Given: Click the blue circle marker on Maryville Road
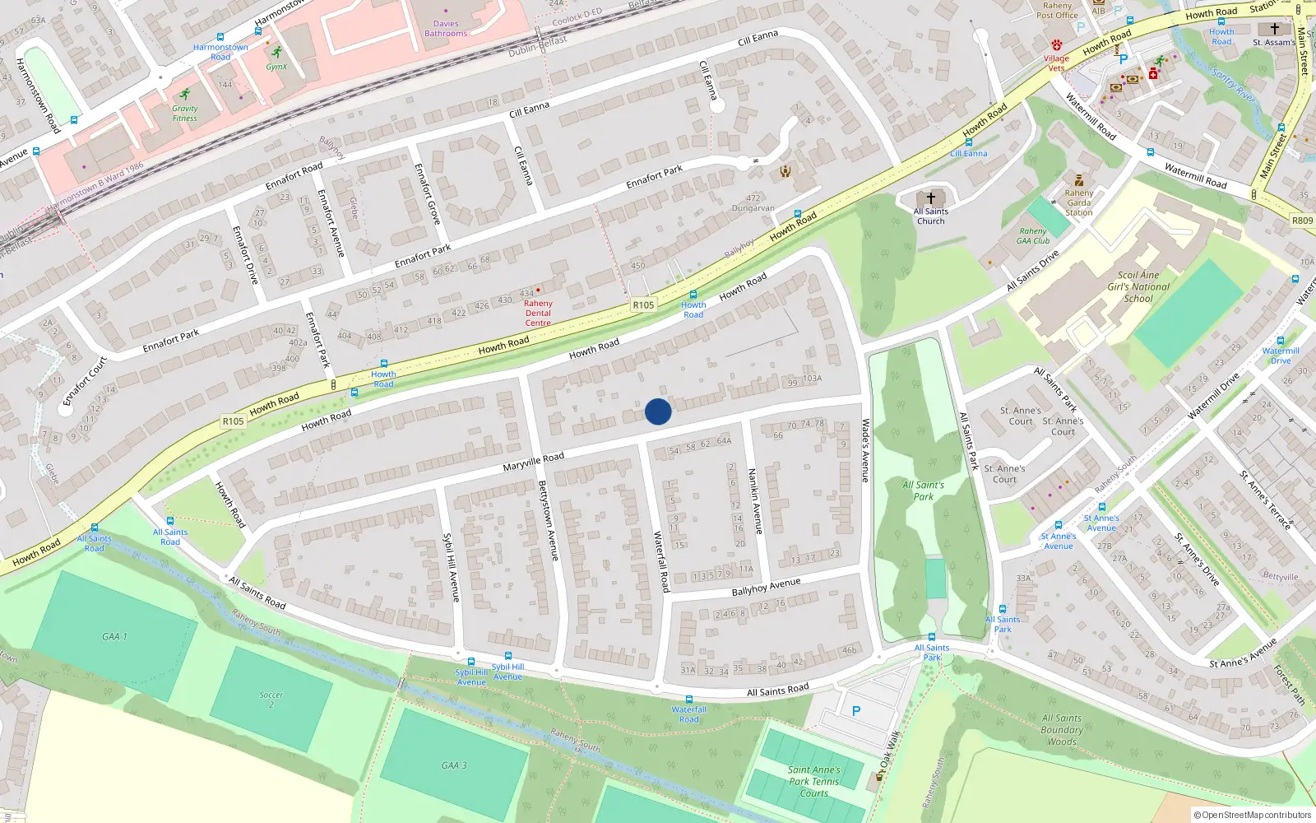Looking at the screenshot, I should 658,411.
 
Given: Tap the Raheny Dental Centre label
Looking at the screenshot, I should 538,314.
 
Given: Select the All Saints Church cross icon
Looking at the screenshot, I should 931,198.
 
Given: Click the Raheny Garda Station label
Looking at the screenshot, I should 1078,202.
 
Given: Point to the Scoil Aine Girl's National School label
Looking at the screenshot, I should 1138,287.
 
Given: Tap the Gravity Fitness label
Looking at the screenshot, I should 185,113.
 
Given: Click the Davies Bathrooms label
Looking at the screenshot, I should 446,29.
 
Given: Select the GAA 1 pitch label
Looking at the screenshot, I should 114,636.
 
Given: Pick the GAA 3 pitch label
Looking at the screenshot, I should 453,765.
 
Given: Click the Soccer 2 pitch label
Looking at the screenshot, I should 271,700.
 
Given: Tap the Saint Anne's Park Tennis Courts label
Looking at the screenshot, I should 814,782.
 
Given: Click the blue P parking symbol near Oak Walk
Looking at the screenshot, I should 856,711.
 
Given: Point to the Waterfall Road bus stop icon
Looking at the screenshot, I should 689,700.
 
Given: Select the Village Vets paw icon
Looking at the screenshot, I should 1057,45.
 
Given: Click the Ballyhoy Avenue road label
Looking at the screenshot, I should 766,587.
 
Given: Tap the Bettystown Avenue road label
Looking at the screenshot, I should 548,521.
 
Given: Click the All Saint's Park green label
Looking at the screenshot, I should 924,491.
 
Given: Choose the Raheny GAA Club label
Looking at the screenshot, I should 1033,236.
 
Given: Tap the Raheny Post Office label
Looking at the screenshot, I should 1057,11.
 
